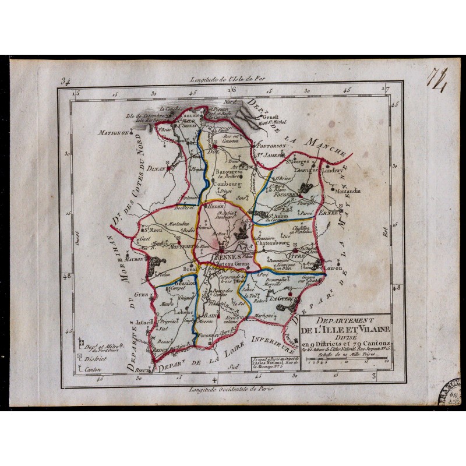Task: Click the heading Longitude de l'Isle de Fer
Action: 230,80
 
